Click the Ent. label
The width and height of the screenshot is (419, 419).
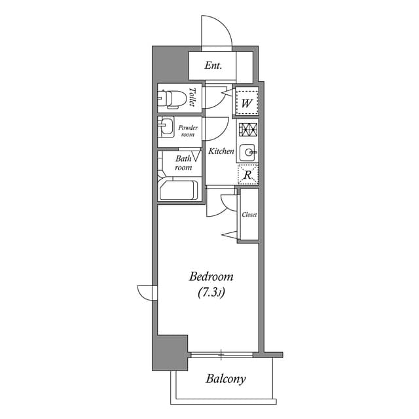[213, 65]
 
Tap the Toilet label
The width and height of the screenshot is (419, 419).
[192, 98]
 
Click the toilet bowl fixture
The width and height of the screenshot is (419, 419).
[172, 98]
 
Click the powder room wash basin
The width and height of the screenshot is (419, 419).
[166, 126]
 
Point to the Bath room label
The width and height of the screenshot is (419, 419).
[183, 163]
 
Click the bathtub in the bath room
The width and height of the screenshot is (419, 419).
[178, 190]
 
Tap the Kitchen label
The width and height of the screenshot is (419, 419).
[221, 151]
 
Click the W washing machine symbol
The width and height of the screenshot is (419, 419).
[247, 102]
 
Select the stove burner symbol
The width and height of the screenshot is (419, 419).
[247, 129]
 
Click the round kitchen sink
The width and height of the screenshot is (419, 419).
[248, 153]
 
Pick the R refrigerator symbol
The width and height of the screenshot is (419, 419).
[247, 175]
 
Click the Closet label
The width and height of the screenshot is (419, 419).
[249, 215]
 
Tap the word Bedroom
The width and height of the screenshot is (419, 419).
[211, 277]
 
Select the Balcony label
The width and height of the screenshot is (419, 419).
[225, 378]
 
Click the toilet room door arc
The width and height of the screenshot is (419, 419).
[215, 98]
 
